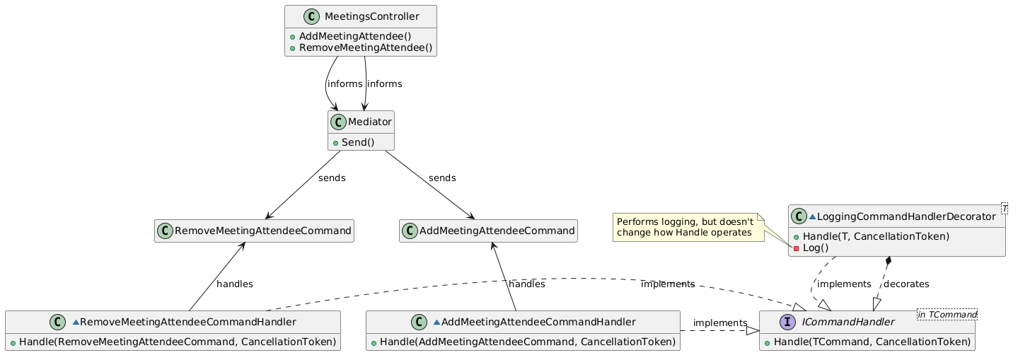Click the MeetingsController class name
pyautogui.click(x=371, y=16)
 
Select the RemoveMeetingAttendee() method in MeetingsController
pyautogui.click(x=366, y=47)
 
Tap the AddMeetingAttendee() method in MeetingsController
pyautogui.click(x=355, y=36)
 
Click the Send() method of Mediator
pyautogui.click(x=358, y=142)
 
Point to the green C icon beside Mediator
pyautogui.click(x=338, y=122)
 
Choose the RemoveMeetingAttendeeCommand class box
pyautogui.click(x=254, y=231)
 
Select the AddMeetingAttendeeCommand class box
pyautogui.click(x=488, y=231)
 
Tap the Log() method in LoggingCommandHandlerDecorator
pyautogui.click(x=816, y=248)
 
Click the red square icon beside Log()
pyautogui.click(x=796, y=248)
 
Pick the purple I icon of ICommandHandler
pyautogui.click(x=787, y=322)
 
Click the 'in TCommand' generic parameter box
pyautogui.click(x=947, y=314)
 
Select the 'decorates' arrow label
pyautogui.click(x=906, y=284)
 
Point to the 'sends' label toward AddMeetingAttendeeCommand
pyautogui.click(x=442, y=178)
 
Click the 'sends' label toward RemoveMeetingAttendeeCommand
pyautogui.click(x=332, y=178)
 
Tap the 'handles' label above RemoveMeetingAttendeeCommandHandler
pyautogui.click(x=234, y=284)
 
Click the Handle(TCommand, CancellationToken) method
pyautogui.click(x=872, y=342)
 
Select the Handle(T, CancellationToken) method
pyautogui.click(x=876, y=236)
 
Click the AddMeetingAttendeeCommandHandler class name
pyautogui.click(x=538, y=322)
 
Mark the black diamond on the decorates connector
pyautogui.click(x=889, y=261)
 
